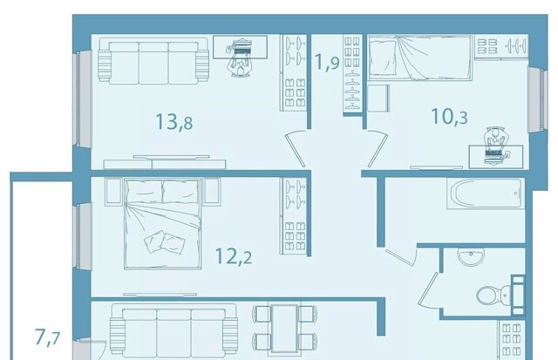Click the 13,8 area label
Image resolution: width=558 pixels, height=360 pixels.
174,121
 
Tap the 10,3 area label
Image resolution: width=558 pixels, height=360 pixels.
449,116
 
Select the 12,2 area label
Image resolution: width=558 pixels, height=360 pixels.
234,255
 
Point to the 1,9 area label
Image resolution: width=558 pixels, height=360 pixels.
328,62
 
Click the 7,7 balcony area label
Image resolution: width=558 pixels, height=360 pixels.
48,337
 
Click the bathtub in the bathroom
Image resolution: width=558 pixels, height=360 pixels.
486,194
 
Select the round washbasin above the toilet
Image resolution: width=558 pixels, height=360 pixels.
471,256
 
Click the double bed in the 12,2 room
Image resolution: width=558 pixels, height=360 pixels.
163,223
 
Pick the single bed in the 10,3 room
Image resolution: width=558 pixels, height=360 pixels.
420,58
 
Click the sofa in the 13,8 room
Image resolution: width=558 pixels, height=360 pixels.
153,61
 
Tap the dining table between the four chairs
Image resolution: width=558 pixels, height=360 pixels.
284,328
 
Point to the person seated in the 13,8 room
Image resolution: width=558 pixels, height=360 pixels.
241,58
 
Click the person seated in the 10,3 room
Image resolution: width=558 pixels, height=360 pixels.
495,146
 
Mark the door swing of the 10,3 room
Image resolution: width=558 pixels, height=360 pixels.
377,148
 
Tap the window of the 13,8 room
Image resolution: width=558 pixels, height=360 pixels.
82,98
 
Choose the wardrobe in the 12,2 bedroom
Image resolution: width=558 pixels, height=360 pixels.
294,216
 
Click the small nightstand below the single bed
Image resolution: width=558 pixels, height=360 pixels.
378,98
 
